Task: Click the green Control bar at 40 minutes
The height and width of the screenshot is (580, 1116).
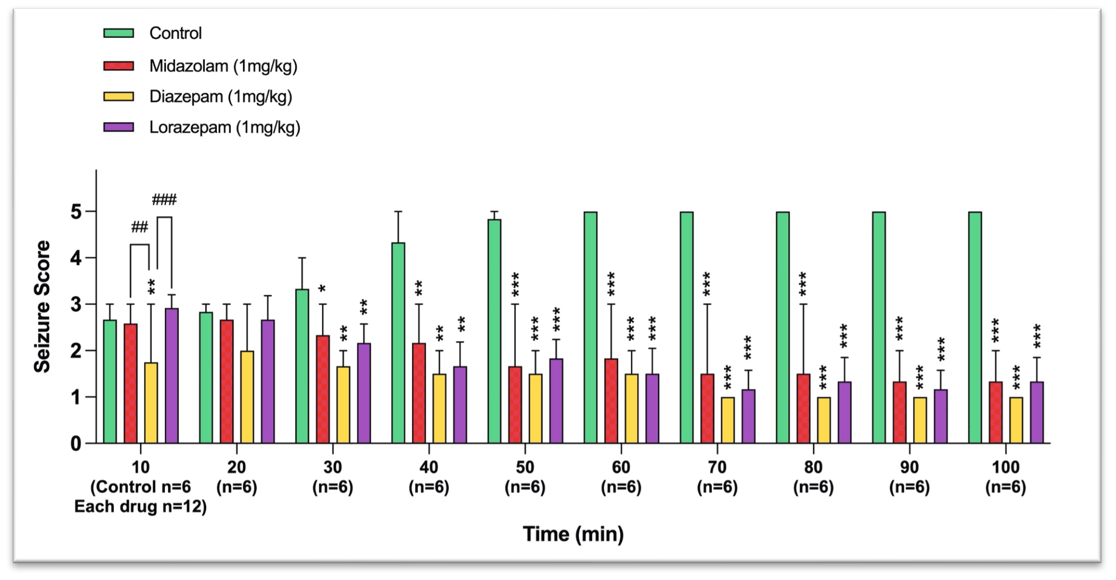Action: click(398, 342)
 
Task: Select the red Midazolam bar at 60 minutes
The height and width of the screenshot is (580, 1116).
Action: click(611, 401)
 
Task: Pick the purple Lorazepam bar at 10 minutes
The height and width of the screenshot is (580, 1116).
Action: click(172, 376)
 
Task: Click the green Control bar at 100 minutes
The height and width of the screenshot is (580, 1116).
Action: click(975, 327)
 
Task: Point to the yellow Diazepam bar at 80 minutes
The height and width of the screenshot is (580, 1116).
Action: click(823, 420)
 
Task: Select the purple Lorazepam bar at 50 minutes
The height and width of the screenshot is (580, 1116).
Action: click(556, 401)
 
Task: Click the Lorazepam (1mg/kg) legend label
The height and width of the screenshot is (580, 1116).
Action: click(225, 127)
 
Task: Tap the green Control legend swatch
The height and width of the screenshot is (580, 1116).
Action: click(118, 33)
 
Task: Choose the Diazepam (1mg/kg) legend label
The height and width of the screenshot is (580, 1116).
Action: click(221, 97)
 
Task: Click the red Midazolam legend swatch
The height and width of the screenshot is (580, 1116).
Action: click(118, 66)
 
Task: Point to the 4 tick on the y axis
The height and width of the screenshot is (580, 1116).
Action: click(76, 258)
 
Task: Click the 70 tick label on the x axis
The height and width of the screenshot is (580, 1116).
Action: click(717, 467)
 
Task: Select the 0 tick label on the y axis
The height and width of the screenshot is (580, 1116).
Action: click(76, 444)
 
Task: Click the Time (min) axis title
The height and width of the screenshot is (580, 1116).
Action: click(573, 534)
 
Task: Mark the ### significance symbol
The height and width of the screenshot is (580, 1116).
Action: click(164, 200)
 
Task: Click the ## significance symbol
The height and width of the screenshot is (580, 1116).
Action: click(139, 227)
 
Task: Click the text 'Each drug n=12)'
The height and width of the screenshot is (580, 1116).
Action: click(140, 506)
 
